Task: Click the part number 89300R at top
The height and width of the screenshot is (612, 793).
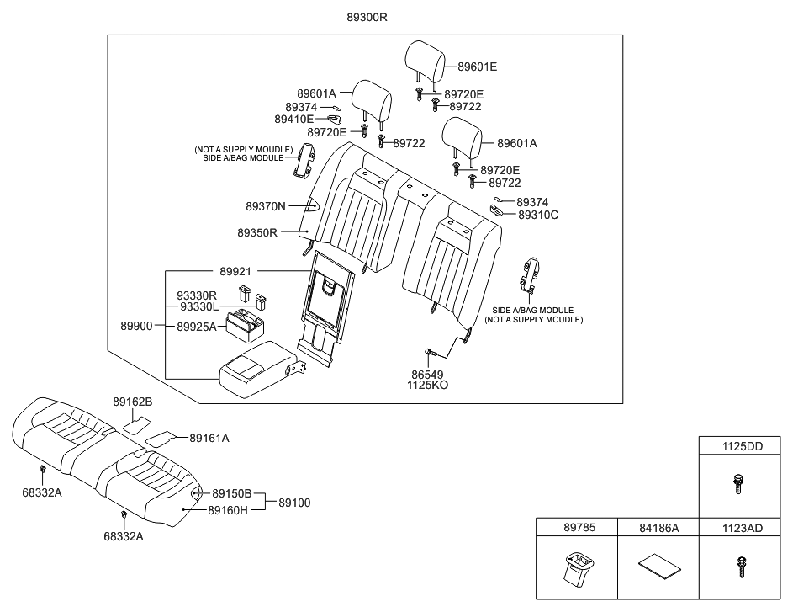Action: point(366,17)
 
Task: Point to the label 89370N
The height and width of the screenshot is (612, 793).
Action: point(267,205)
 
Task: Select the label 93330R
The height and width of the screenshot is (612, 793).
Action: point(197,295)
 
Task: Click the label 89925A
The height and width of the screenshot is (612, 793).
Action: point(197,326)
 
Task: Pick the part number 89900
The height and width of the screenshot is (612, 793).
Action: point(136,326)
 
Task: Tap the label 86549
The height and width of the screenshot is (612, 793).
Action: point(426,374)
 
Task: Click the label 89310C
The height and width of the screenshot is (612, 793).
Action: point(538,215)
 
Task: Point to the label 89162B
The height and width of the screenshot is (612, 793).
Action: point(133,402)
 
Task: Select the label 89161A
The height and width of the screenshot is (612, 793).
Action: point(209,438)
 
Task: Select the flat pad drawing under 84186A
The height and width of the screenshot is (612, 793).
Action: point(658,564)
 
